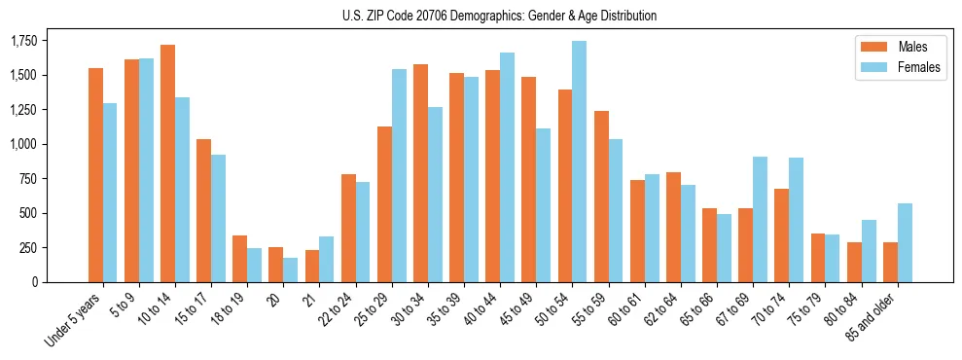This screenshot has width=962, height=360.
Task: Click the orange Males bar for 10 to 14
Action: [x=167, y=163]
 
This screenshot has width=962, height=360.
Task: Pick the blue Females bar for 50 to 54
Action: [x=579, y=162]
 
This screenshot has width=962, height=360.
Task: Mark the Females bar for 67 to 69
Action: [x=760, y=219]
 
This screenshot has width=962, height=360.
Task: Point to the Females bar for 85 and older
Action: [x=905, y=242]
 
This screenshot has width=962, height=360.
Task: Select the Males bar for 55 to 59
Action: [x=601, y=197]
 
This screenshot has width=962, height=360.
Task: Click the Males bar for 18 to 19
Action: [x=239, y=259]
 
